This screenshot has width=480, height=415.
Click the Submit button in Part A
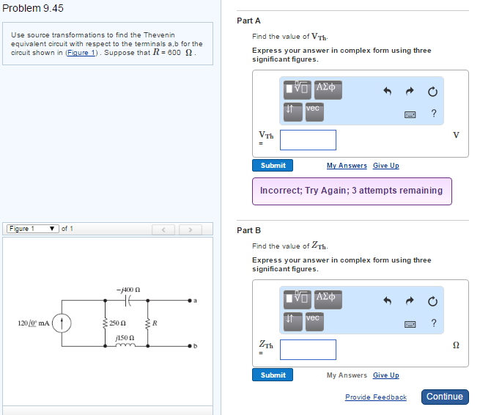(x=273, y=166)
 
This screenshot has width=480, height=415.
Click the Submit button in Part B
(x=273, y=375)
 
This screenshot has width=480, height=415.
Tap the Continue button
(x=444, y=397)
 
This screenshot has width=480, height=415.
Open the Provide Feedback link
(x=375, y=397)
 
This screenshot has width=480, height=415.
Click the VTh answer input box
(x=308, y=140)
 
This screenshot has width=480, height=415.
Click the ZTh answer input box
(x=308, y=350)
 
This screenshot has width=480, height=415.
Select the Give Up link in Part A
(x=385, y=166)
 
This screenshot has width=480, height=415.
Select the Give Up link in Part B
(x=385, y=375)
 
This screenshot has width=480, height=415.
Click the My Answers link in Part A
(x=347, y=166)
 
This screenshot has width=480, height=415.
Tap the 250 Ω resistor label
(x=120, y=323)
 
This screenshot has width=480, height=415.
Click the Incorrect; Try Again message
(x=351, y=191)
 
